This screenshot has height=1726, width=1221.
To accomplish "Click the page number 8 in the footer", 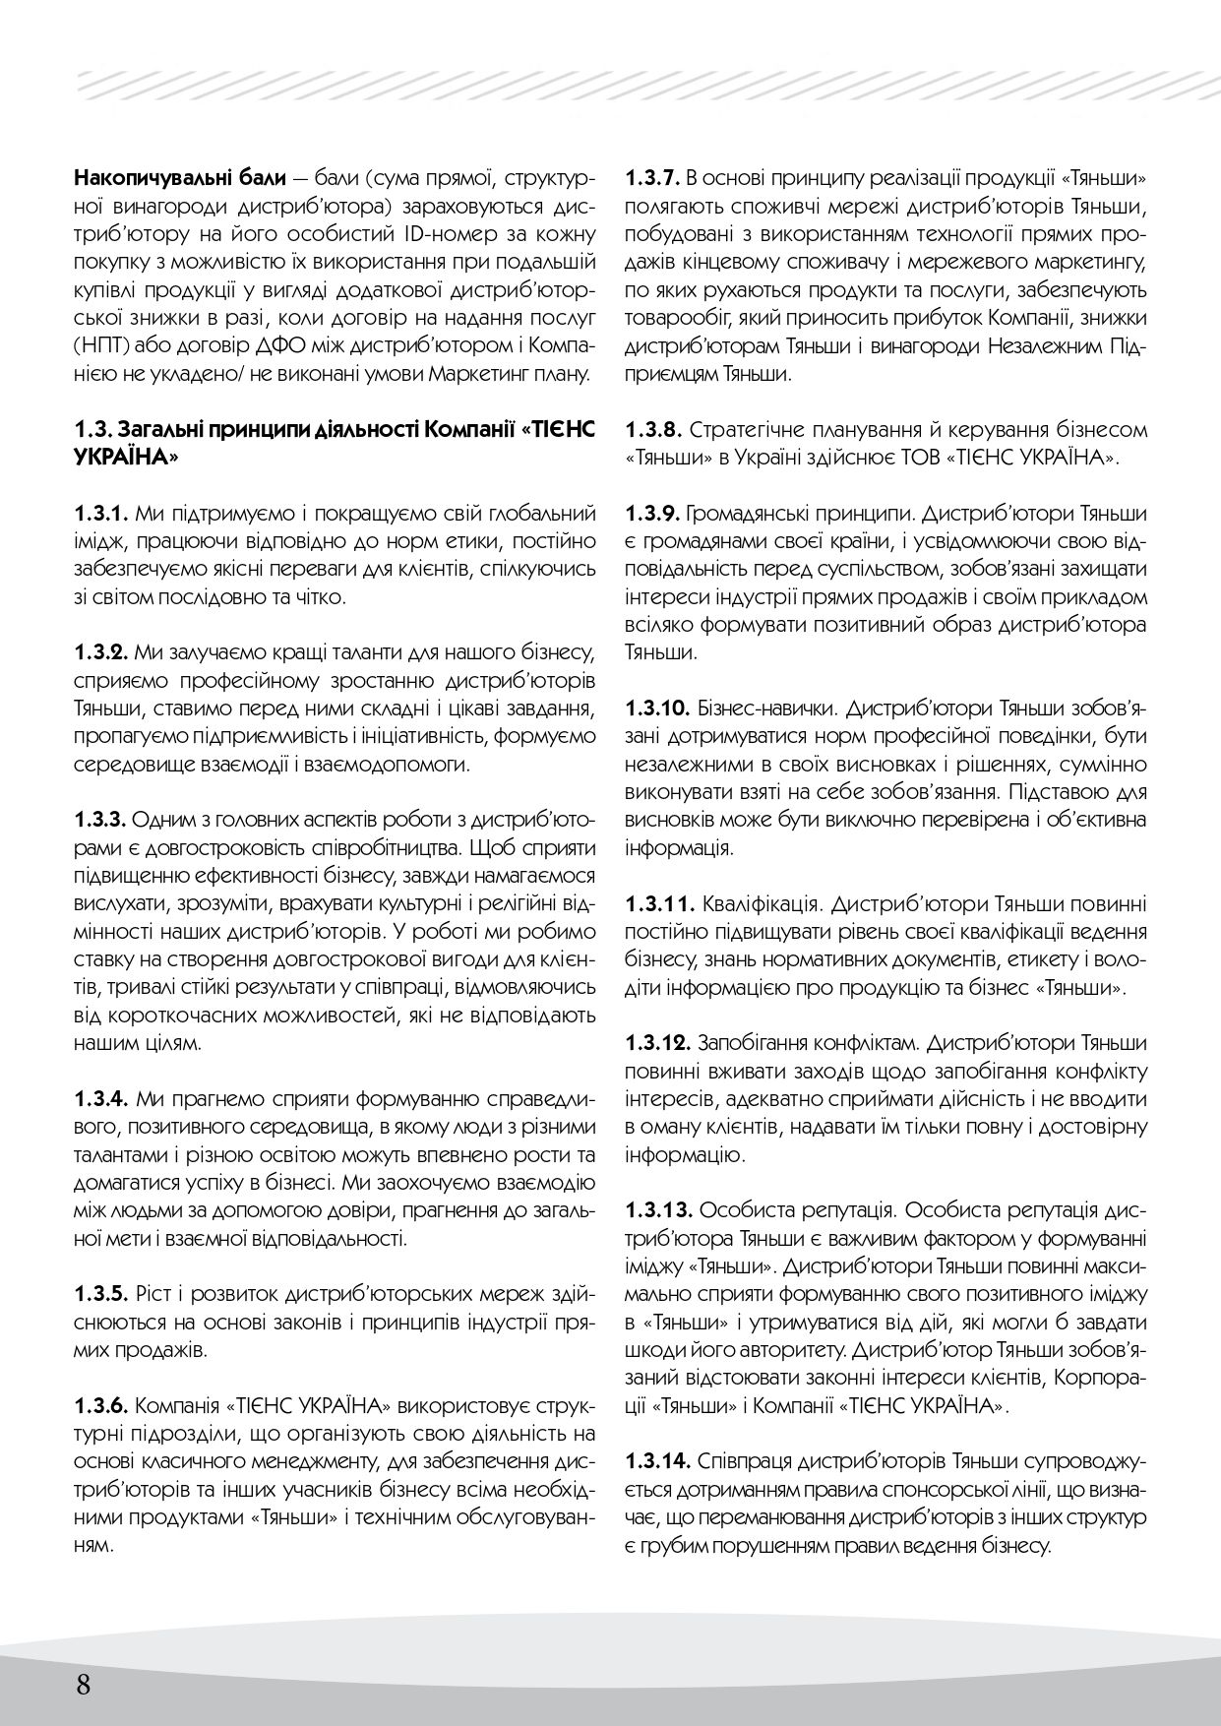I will pos(83,1686).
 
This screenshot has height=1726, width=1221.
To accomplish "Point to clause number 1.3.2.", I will pos(101,652).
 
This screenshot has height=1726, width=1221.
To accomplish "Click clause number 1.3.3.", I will pos(101,791).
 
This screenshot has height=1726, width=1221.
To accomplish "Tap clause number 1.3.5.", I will pos(101,1292).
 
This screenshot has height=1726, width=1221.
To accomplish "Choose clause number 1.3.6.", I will pos(101,1403).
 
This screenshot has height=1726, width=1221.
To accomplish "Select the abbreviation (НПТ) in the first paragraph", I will pos(98,346).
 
